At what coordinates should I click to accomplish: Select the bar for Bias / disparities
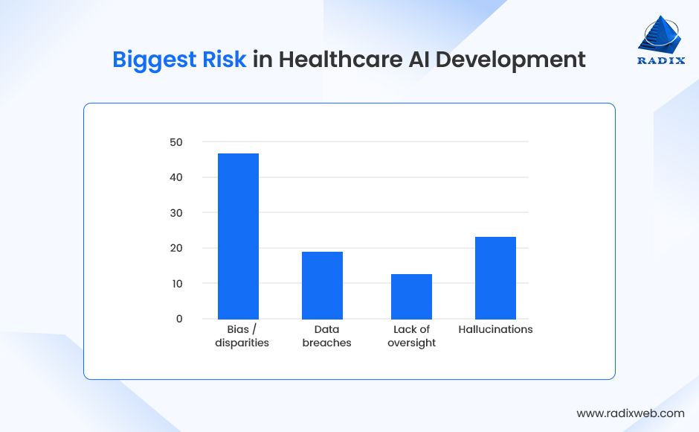238,236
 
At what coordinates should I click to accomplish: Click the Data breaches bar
322,285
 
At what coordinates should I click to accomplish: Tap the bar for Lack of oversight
411,296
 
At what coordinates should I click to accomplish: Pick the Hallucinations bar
495,278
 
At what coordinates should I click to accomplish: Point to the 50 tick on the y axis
175,142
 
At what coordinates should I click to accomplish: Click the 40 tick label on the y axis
175,177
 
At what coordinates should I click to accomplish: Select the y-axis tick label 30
175,212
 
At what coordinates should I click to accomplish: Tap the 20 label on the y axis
175,248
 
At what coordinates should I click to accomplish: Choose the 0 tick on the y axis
178,319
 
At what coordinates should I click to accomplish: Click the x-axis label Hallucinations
495,329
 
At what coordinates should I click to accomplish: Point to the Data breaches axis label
326,336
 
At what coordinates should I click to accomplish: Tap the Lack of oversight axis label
411,336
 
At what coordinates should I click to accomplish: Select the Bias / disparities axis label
242,336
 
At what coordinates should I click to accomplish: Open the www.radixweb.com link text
631,413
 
